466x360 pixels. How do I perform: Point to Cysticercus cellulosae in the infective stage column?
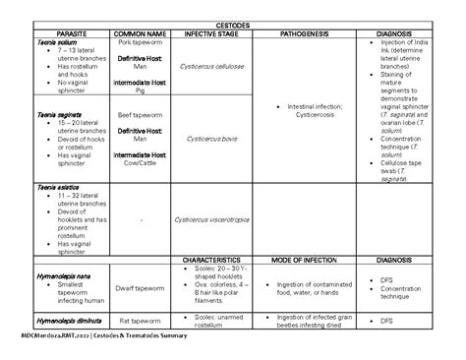[215, 64]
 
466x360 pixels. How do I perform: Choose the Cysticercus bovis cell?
[215, 139]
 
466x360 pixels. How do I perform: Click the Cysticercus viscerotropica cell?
[215, 219]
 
